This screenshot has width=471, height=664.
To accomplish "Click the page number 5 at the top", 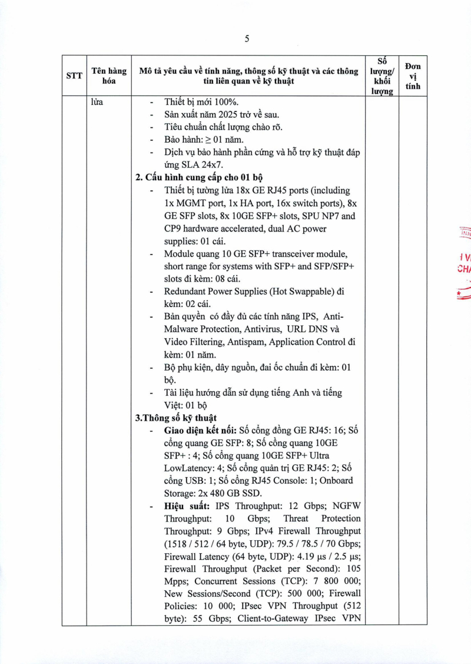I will coord(247,39).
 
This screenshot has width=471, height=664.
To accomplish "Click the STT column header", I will coord(74,75).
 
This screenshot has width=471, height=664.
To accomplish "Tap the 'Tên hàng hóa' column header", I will coord(109,76).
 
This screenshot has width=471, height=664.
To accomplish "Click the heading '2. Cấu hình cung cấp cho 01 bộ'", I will coord(199,177).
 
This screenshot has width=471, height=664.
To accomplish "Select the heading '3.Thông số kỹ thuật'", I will coord(176,418).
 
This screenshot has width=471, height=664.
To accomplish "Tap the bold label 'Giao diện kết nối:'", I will coord(200,431).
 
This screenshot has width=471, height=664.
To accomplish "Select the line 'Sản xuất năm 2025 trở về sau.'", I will coord(221,114).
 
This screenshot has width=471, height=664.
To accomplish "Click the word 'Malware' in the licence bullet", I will coord(181,329).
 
